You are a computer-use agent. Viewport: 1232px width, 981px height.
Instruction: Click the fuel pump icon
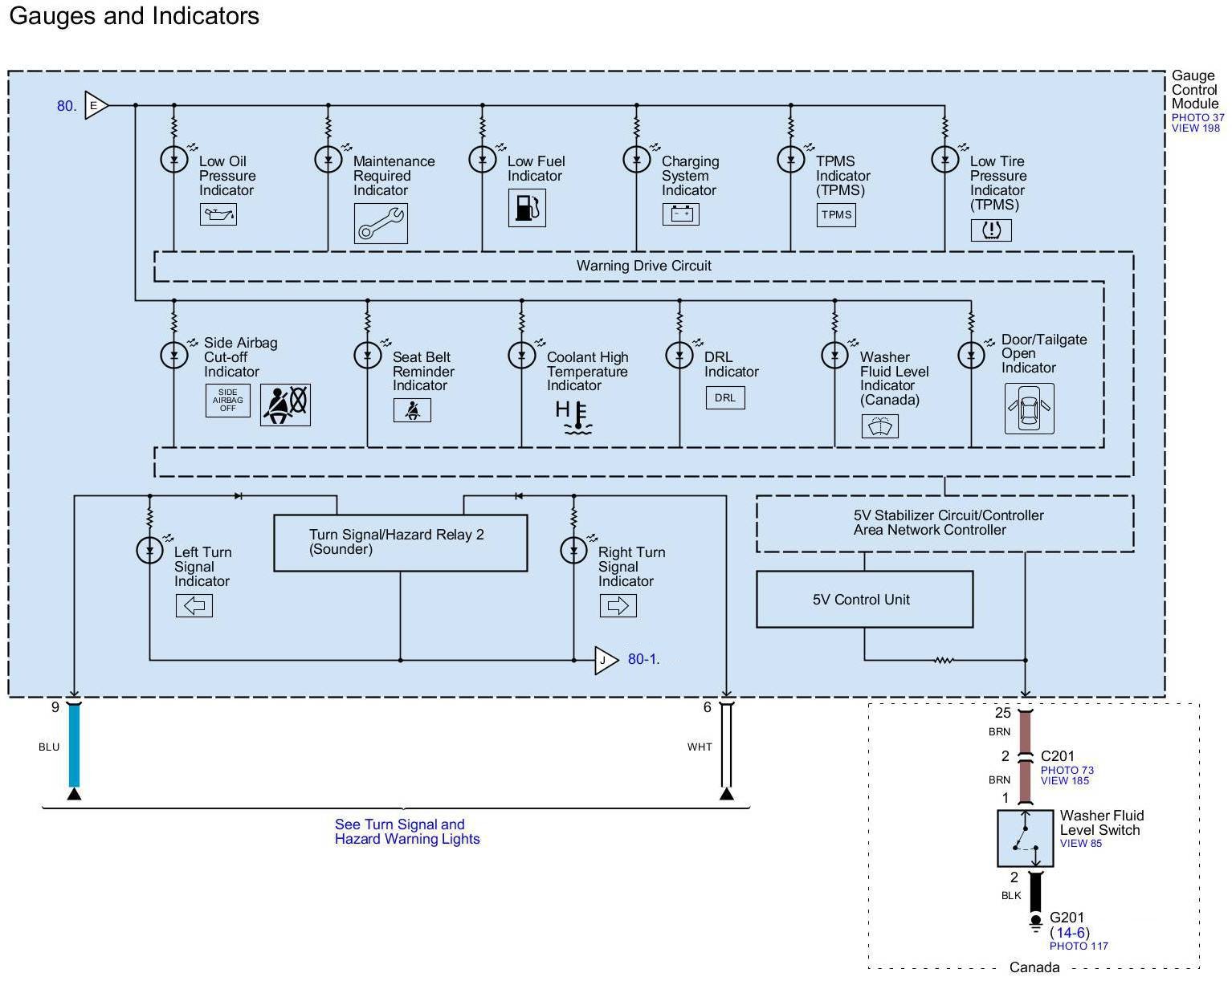point(527,208)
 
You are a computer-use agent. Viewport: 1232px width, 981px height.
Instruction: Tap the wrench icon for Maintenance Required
point(381,223)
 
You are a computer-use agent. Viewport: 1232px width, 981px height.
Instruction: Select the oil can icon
point(218,214)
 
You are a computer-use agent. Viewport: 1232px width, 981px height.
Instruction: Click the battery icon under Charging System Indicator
point(681,214)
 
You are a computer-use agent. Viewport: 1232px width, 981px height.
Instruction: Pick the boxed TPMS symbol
point(836,215)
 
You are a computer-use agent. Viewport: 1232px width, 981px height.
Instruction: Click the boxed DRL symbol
point(725,398)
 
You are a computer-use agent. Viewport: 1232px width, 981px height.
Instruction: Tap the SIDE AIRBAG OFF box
point(228,400)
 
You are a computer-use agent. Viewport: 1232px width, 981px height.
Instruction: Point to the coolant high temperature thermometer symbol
point(574,417)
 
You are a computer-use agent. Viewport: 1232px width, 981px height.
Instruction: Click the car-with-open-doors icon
point(1030,409)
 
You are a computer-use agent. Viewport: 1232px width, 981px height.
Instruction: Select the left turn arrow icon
point(194,605)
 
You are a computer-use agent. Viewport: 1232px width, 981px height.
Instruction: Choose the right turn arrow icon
point(618,605)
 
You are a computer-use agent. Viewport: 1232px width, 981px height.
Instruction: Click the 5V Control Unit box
point(864,599)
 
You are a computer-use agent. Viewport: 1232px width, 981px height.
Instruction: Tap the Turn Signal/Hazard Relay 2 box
point(400,543)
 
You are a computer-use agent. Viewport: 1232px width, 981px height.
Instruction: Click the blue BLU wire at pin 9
point(75,745)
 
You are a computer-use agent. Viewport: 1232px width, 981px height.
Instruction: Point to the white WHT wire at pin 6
point(727,745)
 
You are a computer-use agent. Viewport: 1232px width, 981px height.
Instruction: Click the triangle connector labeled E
point(96,105)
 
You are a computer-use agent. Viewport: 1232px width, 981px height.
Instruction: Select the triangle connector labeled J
point(606,661)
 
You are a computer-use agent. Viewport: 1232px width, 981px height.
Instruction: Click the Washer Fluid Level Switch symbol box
point(1026,838)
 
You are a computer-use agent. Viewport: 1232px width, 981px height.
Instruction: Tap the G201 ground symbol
point(1036,923)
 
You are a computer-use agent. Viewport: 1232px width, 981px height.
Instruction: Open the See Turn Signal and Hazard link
point(407,832)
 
